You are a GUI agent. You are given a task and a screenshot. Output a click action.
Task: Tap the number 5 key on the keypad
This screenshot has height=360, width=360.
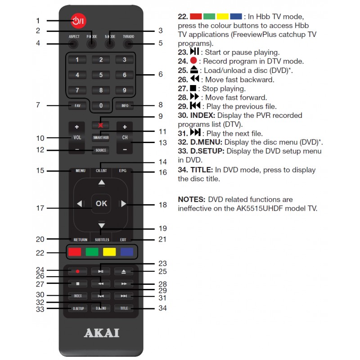pyautogui.click(x=101, y=75)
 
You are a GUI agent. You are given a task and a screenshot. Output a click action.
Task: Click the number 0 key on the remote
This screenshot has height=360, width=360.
pyautogui.click(x=101, y=105)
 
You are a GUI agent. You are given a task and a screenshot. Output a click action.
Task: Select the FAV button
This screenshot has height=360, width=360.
pyautogui.click(x=77, y=105)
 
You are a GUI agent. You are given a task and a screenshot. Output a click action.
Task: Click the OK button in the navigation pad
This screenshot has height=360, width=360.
pyautogui.click(x=101, y=203)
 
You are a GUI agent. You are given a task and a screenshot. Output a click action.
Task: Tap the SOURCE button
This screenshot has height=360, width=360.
pyautogui.click(x=101, y=150)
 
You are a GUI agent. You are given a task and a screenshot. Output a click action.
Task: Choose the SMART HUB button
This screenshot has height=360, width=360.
pyautogui.click(x=101, y=137)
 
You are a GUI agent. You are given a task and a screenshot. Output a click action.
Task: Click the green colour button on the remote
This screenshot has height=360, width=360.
pyautogui.click(x=92, y=252)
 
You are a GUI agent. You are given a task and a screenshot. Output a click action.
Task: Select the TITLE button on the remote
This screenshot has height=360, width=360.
pyautogui.click(x=124, y=308)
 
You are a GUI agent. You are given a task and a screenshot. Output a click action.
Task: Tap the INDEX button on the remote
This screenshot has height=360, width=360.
pyautogui.click(x=77, y=296)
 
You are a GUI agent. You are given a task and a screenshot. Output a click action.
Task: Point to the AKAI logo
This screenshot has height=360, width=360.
pyautogui.click(x=102, y=333)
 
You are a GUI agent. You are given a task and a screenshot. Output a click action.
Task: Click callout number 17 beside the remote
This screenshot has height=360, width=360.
pyautogui.click(x=40, y=208)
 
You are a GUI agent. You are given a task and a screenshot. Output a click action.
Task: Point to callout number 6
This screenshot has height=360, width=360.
pyautogui.click(x=160, y=74)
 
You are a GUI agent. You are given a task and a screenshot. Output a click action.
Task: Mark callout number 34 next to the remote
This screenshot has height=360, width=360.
pyautogui.click(x=162, y=308)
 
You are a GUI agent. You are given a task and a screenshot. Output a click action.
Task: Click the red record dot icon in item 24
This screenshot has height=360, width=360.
pyautogui.click(x=194, y=61)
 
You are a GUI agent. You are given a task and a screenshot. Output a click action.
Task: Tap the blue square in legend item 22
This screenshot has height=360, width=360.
pyautogui.click(x=236, y=16)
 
